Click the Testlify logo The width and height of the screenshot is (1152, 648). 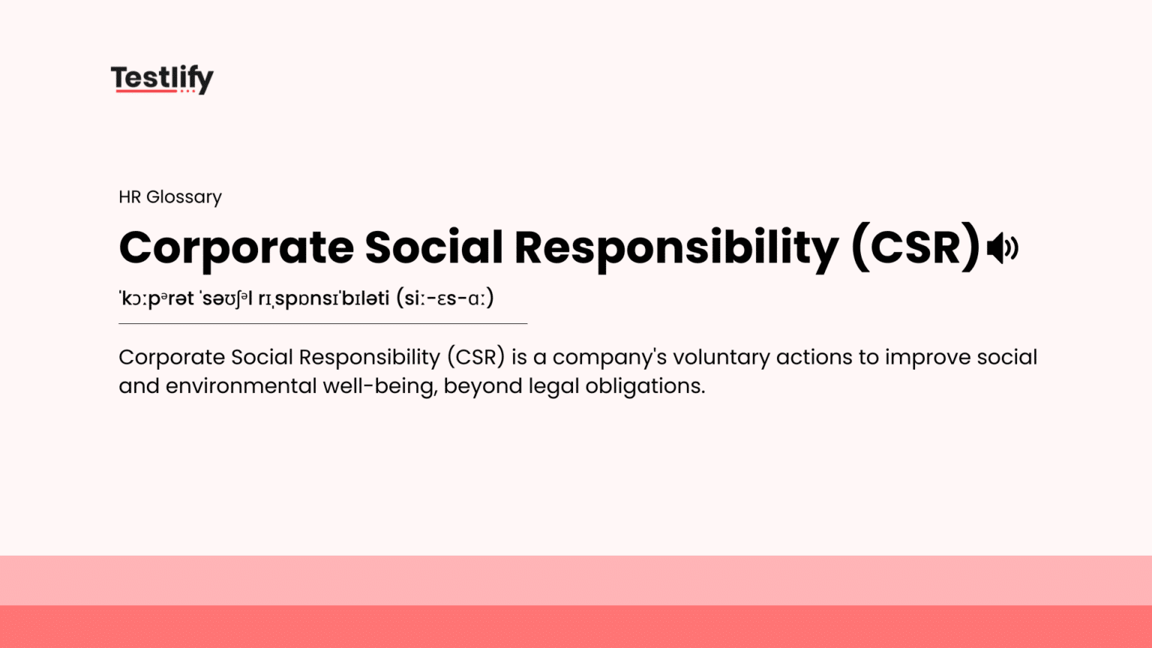click(x=162, y=78)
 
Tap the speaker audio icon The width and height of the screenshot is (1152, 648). click(x=1002, y=247)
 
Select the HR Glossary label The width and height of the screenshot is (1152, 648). click(x=170, y=196)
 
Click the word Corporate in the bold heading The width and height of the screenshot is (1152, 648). click(x=236, y=248)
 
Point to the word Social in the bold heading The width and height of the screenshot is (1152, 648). click(x=433, y=248)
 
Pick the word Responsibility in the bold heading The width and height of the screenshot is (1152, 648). click(x=676, y=248)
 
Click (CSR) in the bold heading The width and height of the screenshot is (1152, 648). click(x=915, y=248)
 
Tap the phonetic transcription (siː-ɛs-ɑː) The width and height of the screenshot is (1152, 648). click(x=445, y=298)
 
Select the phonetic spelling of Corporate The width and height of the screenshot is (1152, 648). click(x=157, y=298)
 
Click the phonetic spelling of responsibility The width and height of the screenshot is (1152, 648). click(x=323, y=298)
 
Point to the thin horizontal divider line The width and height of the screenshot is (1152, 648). click(x=322, y=323)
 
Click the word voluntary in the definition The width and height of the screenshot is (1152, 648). click(x=721, y=357)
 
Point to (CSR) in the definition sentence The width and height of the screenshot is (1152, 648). click(x=475, y=357)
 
